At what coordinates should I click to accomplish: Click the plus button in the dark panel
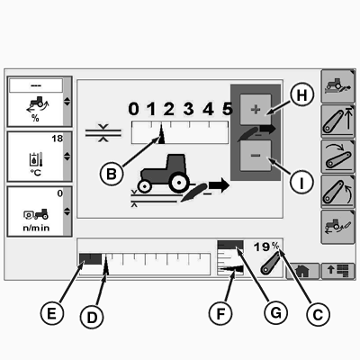click(256, 110)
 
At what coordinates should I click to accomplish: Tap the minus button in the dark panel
click(256, 156)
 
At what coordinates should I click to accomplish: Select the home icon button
click(302, 271)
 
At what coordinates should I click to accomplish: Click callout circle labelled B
click(112, 174)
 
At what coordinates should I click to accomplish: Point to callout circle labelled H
click(301, 95)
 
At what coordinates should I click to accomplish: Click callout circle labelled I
click(301, 182)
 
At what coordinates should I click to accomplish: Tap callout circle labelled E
click(52, 314)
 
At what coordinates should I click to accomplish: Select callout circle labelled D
click(92, 318)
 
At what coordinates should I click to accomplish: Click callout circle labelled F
click(220, 314)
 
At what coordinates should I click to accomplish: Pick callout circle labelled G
click(275, 313)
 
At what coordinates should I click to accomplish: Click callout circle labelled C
click(318, 314)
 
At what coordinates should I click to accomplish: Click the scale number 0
click(133, 109)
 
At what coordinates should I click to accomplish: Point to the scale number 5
click(228, 109)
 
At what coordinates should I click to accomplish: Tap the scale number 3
click(188, 109)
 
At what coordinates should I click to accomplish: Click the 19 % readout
click(266, 247)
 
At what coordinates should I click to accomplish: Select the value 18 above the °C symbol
click(58, 139)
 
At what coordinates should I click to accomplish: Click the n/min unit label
click(36, 228)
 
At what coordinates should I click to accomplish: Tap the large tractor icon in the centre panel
click(164, 174)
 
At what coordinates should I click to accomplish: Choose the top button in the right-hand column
click(337, 86)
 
